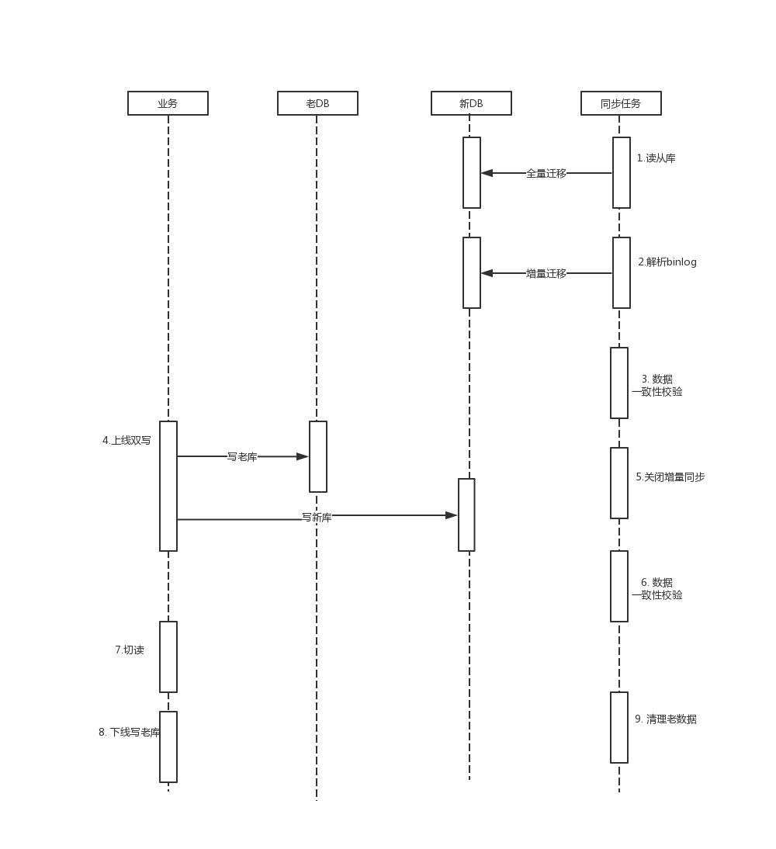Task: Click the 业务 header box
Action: [168, 103]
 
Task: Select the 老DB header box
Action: [317, 103]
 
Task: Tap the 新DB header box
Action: [471, 103]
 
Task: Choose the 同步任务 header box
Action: [621, 103]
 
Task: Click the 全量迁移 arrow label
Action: [546, 174]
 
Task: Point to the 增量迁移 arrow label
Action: [546, 274]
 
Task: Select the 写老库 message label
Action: [242, 457]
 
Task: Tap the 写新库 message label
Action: [317, 518]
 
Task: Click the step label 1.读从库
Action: [656, 158]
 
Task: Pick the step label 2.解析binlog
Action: [667, 262]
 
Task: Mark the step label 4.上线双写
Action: [126, 441]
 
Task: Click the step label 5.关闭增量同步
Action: [670, 477]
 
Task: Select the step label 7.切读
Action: [130, 650]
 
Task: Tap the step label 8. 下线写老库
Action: [130, 733]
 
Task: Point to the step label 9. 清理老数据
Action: [666, 719]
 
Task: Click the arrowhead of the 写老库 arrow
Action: [303, 456]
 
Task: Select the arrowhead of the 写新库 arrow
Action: [452, 515]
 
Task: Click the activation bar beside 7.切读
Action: [168, 657]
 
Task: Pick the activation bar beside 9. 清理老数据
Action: [619, 727]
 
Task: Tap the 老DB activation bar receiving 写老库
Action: [318, 456]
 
